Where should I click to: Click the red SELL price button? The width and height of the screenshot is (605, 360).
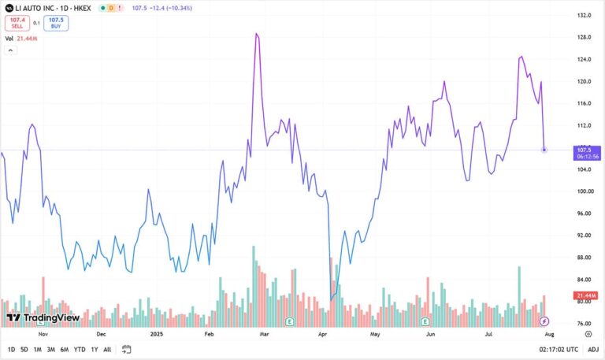[17, 24]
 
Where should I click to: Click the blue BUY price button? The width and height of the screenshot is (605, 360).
[56, 24]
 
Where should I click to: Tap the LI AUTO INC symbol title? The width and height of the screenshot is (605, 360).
[48, 8]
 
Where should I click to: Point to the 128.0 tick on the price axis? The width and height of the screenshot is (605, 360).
[584, 37]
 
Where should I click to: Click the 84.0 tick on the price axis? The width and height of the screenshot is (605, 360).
[584, 280]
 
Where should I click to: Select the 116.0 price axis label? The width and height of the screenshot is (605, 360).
[584, 103]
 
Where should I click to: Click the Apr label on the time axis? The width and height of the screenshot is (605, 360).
[322, 334]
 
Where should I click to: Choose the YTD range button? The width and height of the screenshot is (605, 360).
[80, 349]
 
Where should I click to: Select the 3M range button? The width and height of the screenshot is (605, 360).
[50, 349]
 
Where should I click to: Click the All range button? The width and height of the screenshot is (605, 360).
[107, 349]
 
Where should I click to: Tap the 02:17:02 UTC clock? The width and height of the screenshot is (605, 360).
[559, 349]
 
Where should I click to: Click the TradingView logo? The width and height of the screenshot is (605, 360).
[43, 318]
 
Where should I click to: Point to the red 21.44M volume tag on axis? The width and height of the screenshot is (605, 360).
[585, 295]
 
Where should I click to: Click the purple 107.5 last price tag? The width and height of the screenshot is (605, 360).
[584, 150]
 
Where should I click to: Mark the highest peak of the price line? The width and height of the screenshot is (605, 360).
[257, 34]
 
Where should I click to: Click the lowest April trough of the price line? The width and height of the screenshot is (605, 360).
[331, 300]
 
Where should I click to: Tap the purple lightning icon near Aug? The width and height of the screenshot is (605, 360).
[544, 321]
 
